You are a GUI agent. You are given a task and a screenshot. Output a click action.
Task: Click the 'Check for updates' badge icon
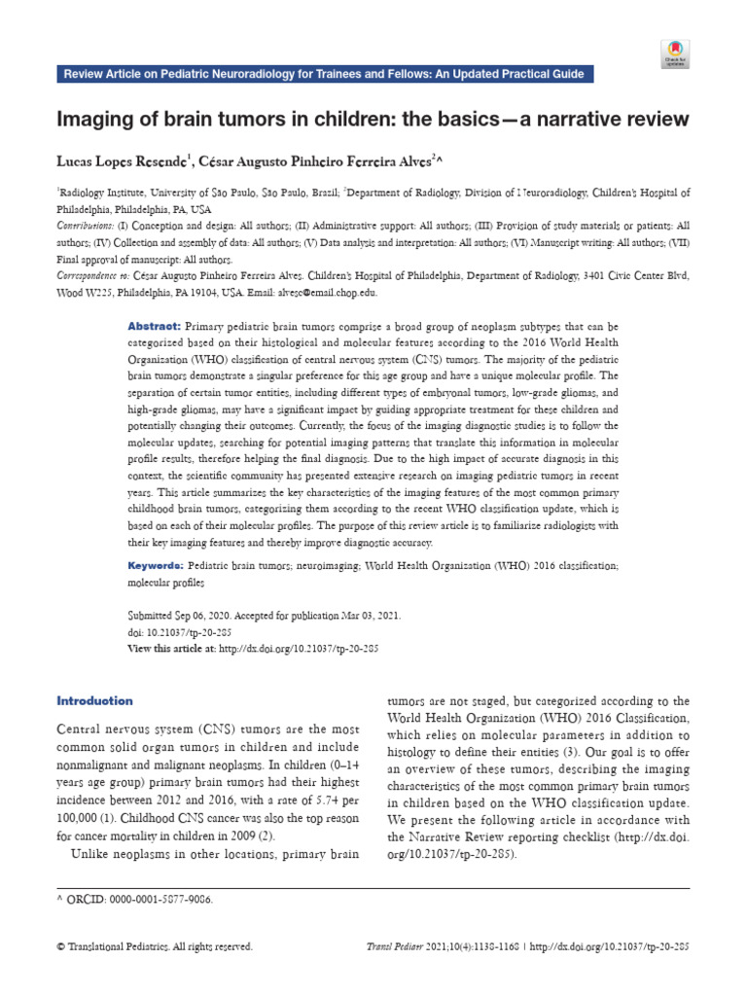(x=674, y=54)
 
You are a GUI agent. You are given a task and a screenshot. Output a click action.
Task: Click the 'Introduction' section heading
(x=94, y=700)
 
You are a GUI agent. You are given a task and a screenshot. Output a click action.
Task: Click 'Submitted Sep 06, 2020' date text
(x=186, y=617)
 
